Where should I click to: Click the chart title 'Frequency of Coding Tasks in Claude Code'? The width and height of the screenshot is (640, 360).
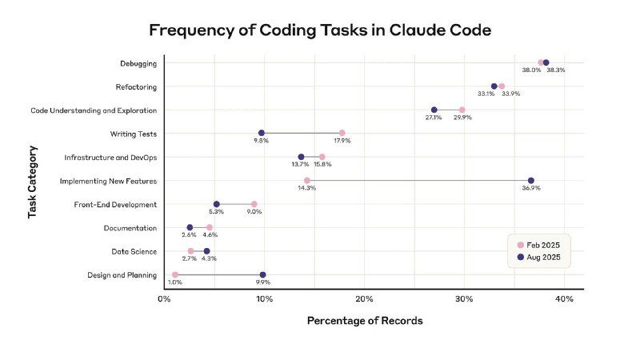(x=319, y=30)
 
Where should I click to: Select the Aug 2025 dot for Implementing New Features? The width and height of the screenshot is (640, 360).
(x=530, y=181)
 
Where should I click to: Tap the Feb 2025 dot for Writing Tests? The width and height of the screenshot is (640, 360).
(x=342, y=133)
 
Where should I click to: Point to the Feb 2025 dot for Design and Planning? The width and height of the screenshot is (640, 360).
(x=175, y=275)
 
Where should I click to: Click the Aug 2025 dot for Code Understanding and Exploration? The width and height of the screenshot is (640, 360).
(x=434, y=110)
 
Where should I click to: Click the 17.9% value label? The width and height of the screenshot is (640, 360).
(x=342, y=141)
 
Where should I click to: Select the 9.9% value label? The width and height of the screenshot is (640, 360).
(x=263, y=283)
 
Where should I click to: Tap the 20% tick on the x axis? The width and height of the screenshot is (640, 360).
(x=364, y=299)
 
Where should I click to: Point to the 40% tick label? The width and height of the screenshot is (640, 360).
(x=564, y=299)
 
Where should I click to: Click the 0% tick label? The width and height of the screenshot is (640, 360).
(x=164, y=299)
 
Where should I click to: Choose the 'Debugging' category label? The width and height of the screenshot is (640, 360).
(x=138, y=63)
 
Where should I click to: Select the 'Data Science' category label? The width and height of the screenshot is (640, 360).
(x=134, y=252)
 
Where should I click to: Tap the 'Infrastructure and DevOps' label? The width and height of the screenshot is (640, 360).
(x=110, y=158)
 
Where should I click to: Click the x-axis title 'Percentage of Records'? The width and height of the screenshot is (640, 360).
(x=364, y=321)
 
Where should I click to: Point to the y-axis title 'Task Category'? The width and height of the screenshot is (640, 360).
(x=33, y=181)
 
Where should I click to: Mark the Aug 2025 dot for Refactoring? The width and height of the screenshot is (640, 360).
(x=494, y=86)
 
